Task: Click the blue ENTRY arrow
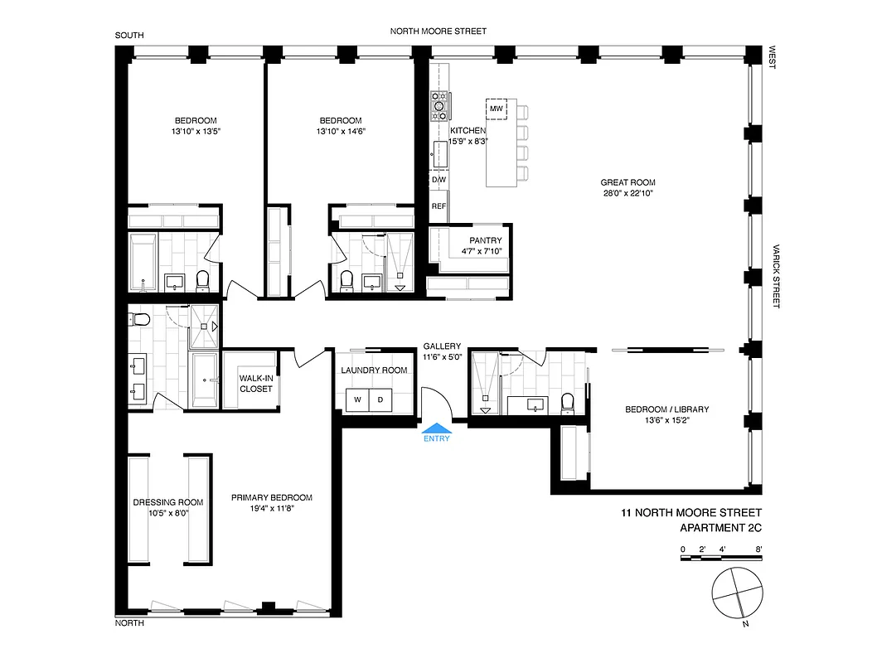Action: (436, 428)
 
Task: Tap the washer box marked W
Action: (357, 399)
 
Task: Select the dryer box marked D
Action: (381, 399)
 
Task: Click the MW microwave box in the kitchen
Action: (497, 109)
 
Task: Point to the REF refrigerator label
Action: (438, 206)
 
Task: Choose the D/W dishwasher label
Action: (438, 179)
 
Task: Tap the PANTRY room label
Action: (485, 241)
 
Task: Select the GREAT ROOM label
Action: (627, 182)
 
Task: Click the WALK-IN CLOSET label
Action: (255, 383)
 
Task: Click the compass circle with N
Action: (735, 593)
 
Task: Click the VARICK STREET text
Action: (777, 276)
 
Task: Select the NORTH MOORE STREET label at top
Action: (438, 31)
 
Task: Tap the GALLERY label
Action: (442, 346)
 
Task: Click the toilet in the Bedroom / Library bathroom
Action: (568, 404)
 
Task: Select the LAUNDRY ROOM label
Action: (374, 370)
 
